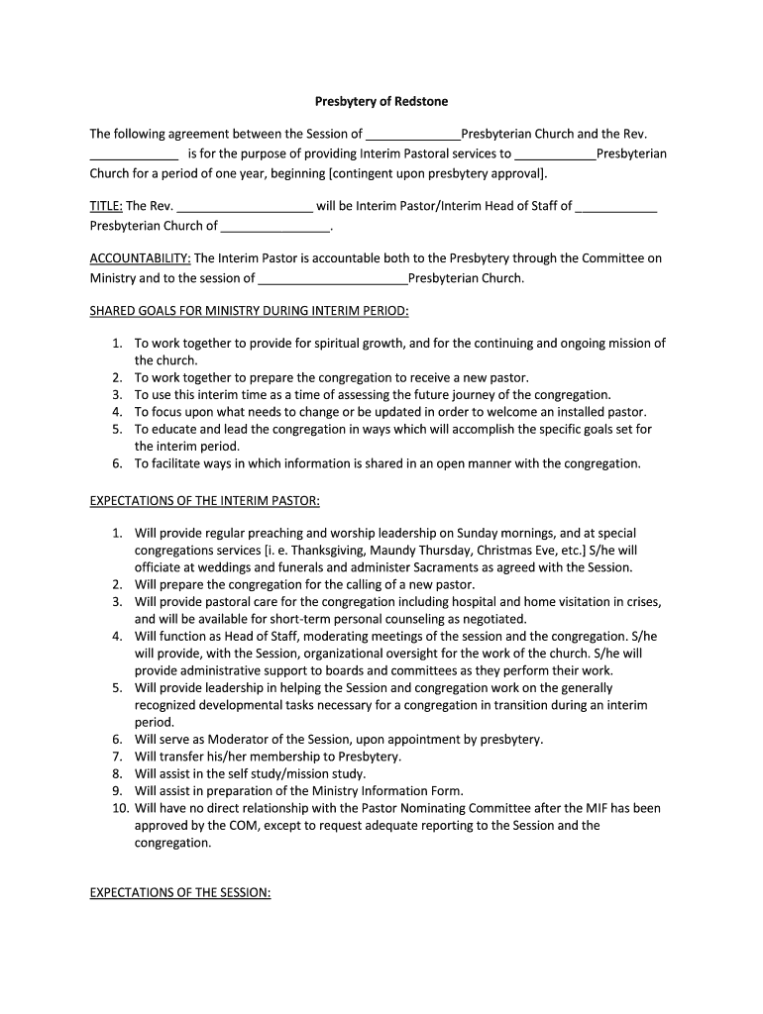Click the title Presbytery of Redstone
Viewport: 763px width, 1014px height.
tap(381, 101)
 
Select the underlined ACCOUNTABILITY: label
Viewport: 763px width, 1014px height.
tap(140, 258)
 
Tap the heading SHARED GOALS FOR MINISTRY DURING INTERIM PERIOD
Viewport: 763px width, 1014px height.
tap(249, 311)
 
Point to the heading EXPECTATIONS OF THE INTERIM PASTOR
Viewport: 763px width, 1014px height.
tap(204, 500)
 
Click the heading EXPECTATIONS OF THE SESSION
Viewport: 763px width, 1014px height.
tap(179, 892)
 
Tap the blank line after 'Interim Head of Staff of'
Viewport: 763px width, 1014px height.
tap(616, 206)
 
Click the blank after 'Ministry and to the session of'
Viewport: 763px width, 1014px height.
tap(333, 278)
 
